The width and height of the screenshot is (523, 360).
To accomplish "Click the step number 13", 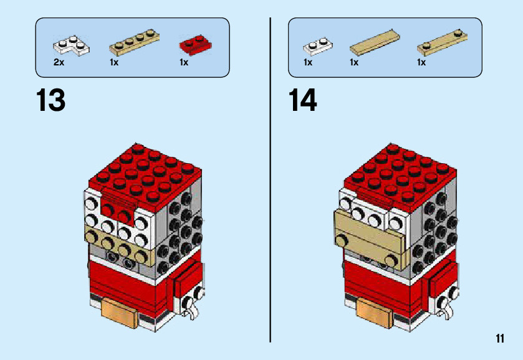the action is [51, 100].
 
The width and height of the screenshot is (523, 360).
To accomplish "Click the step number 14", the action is [303, 100].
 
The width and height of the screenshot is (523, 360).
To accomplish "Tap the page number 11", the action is [500, 338].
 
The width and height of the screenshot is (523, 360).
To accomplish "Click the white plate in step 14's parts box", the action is [318, 46].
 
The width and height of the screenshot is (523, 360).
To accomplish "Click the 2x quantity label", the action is [59, 63].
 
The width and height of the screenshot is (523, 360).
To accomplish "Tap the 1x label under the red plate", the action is [184, 63].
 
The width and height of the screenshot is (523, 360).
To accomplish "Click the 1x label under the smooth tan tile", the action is [354, 63].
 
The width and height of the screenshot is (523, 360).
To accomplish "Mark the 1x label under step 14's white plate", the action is [308, 63].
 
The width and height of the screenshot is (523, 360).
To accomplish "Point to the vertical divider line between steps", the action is [271, 181].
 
